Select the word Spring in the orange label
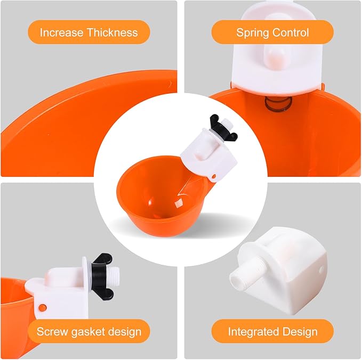(x=253, y=33)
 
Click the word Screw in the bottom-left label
(x=51, y=332)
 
